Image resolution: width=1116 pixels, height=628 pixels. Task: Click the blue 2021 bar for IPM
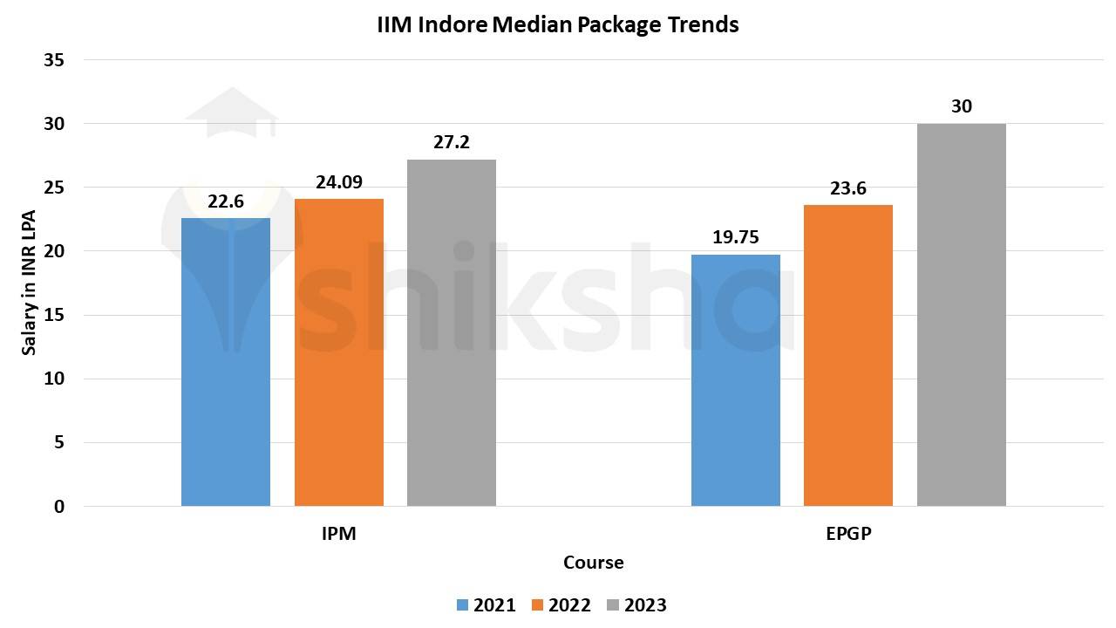pos(226,362)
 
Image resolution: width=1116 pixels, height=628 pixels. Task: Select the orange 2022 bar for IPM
pos(338,352)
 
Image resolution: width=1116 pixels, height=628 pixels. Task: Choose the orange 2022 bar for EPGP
pos(848,356)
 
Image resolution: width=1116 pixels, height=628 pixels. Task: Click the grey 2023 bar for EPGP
pos(961,315)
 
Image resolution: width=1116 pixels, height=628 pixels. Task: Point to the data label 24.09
pos(338,182)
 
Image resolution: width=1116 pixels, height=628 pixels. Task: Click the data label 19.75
pos(735,237)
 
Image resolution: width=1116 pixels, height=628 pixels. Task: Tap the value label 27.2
pos(452,142)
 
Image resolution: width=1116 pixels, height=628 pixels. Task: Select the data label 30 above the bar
pos(962,106)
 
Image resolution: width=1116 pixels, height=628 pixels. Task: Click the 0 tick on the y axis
pos(58,506)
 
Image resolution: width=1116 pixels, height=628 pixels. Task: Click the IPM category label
pos(338,534)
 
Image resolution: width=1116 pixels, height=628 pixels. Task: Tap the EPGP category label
pos(848,534)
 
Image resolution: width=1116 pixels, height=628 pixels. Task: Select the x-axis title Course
pos(593,563)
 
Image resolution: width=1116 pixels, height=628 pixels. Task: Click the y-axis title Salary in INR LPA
pos(29,283)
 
